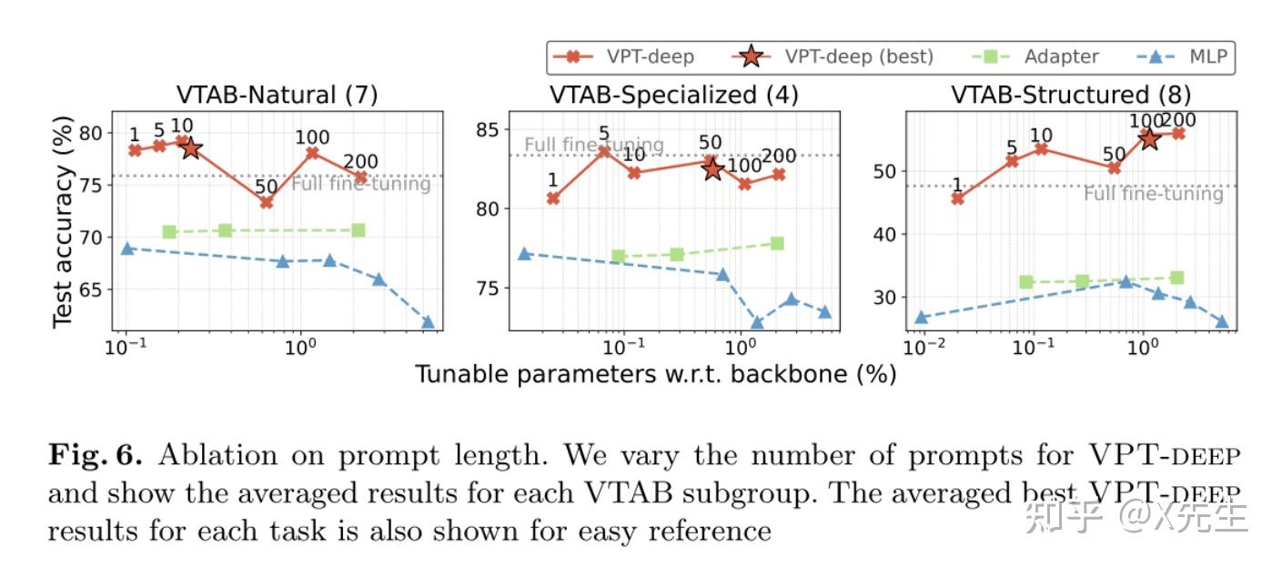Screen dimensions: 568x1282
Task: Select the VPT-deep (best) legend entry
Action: (x=833, y=56)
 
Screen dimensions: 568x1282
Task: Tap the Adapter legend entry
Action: (x=1038, y=56)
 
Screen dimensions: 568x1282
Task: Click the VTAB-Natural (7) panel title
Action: (x=277, y=95)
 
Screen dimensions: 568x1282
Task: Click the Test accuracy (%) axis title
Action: (x=62, y=221)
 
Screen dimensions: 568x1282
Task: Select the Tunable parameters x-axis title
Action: (x=656, y=373)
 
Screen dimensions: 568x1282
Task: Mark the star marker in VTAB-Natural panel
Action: (x=190, y=147)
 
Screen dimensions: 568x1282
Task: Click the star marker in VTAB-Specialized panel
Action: (x=712, y=168)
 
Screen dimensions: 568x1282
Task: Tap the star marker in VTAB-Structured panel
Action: (x=1149, y=138)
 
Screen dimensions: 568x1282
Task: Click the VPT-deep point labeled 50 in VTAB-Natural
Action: (x=266, y=202)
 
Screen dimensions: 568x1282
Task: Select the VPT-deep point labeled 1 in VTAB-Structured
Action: (x=957, y=198)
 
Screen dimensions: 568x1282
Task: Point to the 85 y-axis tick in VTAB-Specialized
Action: (x=490, y=128)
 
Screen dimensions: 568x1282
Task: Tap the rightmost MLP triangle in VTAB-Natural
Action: (x=428, y=322)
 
